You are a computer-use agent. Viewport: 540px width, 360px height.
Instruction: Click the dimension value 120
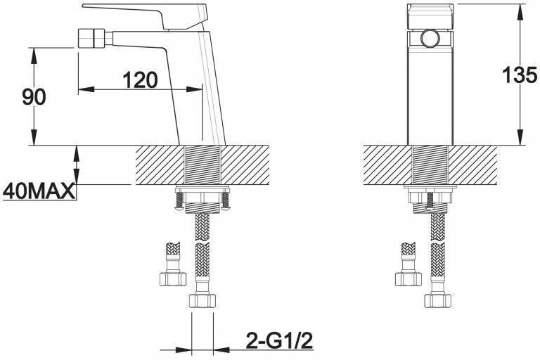[x=140, y=80]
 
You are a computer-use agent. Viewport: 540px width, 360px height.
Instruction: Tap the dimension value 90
[x=34, y=97]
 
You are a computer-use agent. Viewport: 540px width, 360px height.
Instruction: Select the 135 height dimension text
[x=520, y=75]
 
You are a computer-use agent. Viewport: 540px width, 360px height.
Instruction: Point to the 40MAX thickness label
[x=39, y=191]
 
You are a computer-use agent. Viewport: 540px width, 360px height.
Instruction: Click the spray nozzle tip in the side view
[x=91, y=38]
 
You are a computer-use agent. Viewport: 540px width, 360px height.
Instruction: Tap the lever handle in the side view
[x=146, y=16]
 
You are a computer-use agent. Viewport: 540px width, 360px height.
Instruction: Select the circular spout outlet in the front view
[x=430, y=38]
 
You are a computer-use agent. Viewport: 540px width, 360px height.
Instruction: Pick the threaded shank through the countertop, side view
[x=202, y=165]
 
